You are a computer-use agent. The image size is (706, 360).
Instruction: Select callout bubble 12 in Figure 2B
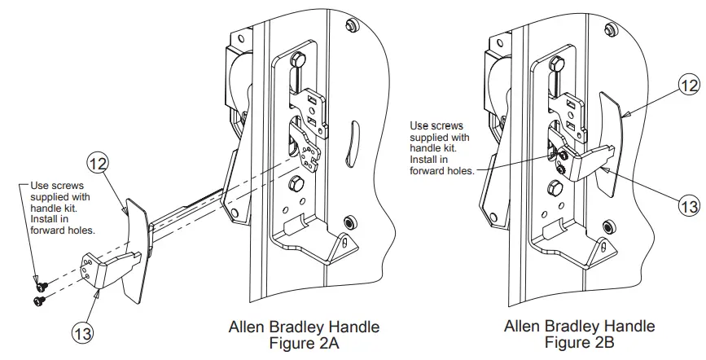(x=689, y=83)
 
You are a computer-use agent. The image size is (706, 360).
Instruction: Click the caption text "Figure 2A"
(x=304, y=343)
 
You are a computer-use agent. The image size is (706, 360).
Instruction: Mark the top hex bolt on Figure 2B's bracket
(x=556, y=61)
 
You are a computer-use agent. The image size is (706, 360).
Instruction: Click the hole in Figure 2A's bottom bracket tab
(x=344, y=242)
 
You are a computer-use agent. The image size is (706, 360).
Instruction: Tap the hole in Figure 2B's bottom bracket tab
(x=603, y=244)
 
